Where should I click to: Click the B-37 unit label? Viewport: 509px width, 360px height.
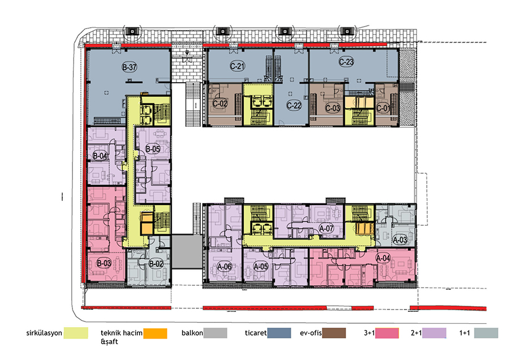[x=129, y=67]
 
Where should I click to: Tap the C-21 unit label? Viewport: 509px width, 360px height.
[x=238, y=66]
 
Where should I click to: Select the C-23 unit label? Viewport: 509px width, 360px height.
[x=346, y=62]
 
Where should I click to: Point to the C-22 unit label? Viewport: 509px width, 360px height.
[x=294, y=105]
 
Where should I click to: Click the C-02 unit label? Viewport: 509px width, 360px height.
[x=220, y=104]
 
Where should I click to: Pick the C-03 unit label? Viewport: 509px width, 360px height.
[x=333, y=108]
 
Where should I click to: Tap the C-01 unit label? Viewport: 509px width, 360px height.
[x=383, y=108]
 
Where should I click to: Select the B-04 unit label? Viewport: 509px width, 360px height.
[x=100, y=156]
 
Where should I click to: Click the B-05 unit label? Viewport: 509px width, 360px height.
[x=153, y=149]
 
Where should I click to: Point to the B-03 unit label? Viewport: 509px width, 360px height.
[x=104, y=263]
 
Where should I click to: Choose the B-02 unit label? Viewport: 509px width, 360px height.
[x=156, y=264]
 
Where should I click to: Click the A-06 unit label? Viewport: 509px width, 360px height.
[x=225, y=267]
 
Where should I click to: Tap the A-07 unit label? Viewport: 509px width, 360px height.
[x=326, y=229]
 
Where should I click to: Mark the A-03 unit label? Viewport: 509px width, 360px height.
[x=400, y=240]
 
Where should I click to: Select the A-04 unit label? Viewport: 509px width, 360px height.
[x=383, y=258]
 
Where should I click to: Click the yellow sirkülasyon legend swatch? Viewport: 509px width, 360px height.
[x=76, y=333]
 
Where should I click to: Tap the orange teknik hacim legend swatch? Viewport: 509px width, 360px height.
[x=155, y=333]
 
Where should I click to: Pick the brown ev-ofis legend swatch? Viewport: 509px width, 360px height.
[x=334, y=333]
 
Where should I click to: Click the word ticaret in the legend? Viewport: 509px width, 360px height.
[x=256, y=333]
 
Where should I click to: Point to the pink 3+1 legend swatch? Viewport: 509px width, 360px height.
[x=387, y=333]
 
